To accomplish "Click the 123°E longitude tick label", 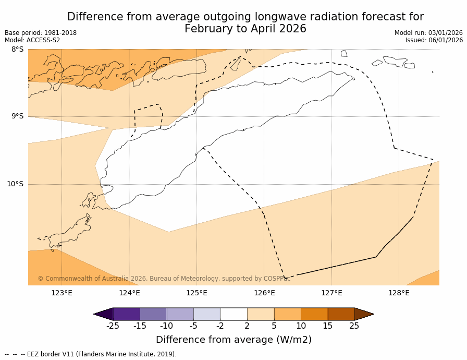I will click(62, 293).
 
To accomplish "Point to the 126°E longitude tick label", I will click(264, 293).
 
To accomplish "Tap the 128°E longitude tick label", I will click(399, 293).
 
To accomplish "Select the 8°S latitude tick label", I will click(17, 50).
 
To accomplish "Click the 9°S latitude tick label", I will click(17, 116).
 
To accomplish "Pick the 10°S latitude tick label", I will click(15, 184).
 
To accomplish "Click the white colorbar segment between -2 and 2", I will click(233, 314).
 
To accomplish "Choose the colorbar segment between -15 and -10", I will click(153, 314).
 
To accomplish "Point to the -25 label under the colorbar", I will click(113, 326).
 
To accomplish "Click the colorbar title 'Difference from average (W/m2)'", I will click(233, 340).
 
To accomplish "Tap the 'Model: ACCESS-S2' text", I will click(32, 40).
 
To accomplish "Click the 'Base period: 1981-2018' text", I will click(41, 33).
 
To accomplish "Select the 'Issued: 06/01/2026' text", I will click(434, 40).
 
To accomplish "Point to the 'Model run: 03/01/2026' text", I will click(428, 33).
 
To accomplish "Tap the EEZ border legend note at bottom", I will click(91, 354).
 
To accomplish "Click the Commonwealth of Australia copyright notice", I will click(164, 279).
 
